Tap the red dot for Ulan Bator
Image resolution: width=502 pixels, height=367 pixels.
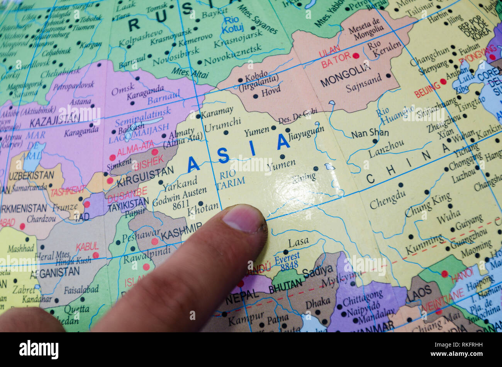(x=356, y=56)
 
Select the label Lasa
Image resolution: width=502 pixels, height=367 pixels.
(x=298, y=242)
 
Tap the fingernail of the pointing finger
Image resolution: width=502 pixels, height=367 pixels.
(x=243, y=218)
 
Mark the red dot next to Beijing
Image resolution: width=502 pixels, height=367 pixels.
(x=443, y=81)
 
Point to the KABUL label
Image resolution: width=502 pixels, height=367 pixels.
(x=87, y=247)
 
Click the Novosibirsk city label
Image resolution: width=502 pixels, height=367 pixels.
(x=176, y=56)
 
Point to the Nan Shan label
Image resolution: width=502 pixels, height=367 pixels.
(x=370, y=134)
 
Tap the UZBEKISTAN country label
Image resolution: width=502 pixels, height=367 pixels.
(x=31, y=175)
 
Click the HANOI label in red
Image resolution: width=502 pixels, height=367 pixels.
(x=462, y=275)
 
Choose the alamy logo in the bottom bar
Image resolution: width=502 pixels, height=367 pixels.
(x=39, y=350)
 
